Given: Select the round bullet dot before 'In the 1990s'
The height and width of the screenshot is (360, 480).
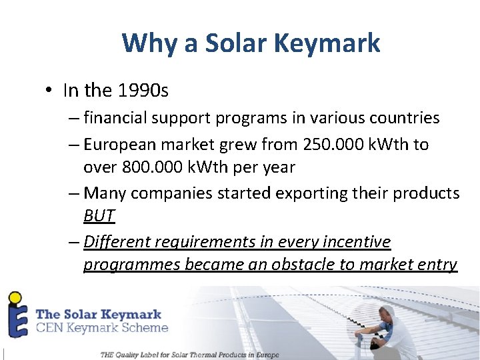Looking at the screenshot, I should pos(49,90).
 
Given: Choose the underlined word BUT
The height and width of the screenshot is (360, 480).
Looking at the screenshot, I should pos(99,215).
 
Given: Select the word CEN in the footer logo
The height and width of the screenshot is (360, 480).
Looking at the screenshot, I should pos(51,327).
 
